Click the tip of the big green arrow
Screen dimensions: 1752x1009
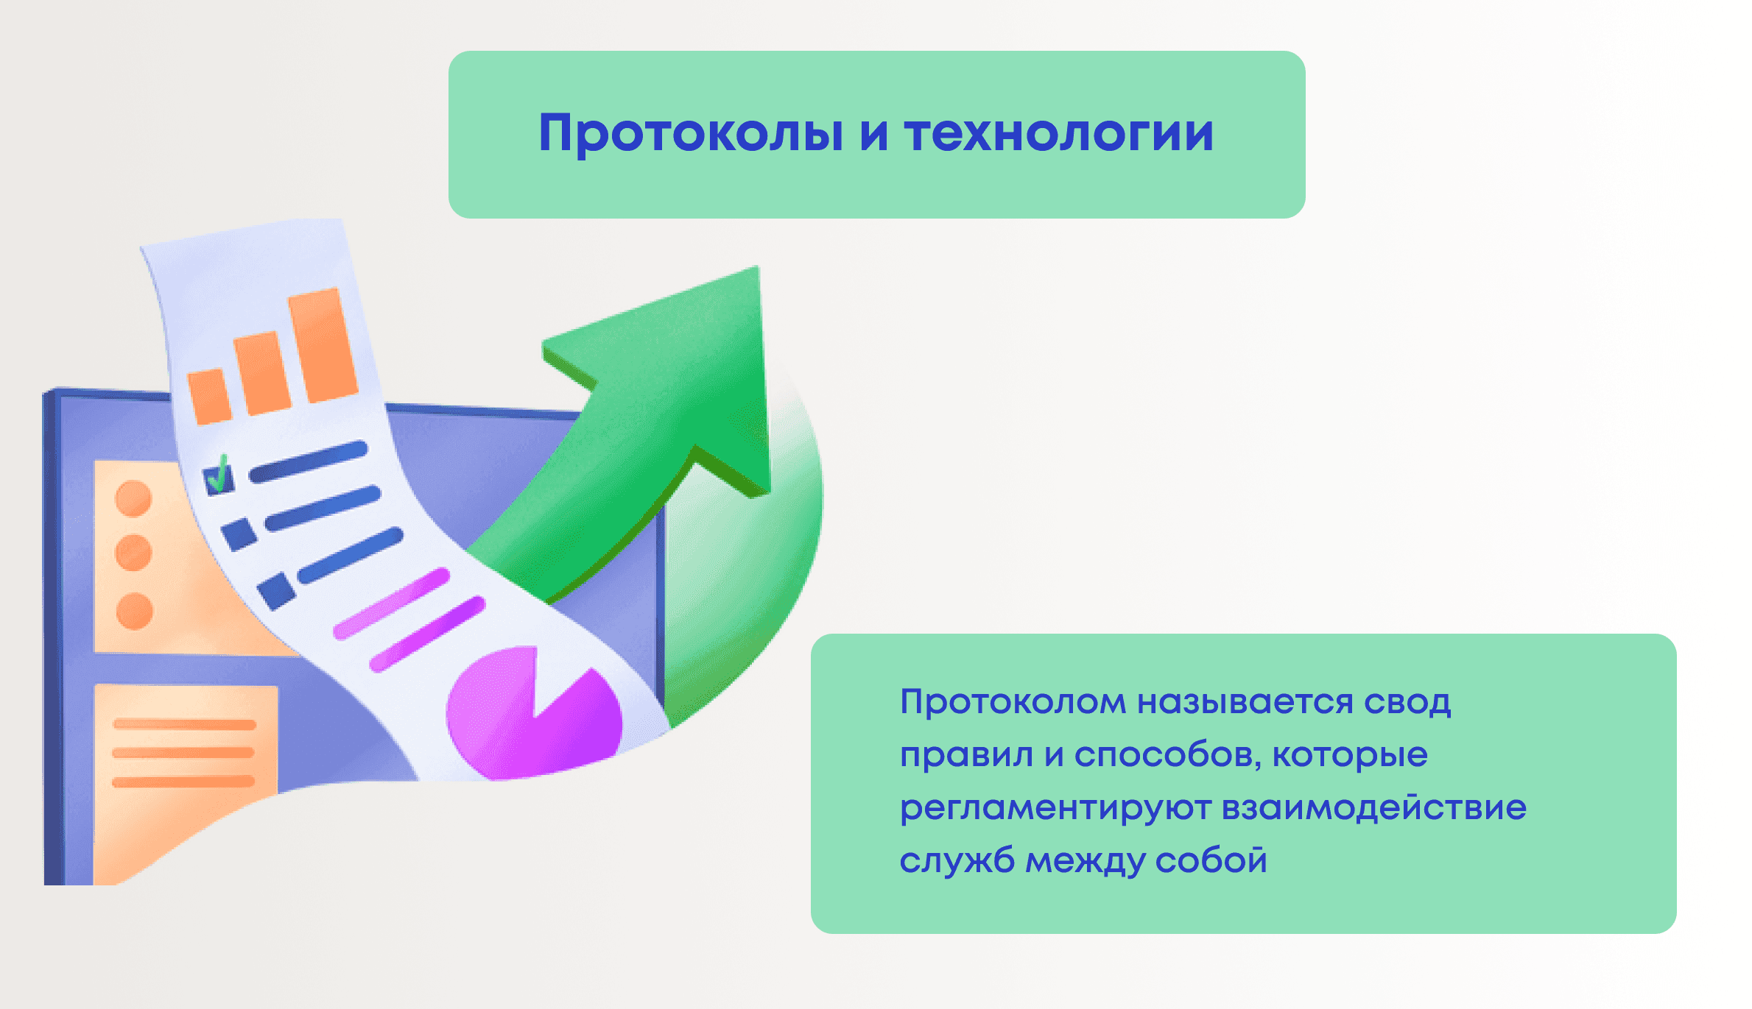[x=757, y=267]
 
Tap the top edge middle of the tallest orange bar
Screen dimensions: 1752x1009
[x=314, y=292]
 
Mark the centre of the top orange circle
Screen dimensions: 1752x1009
[x=133, y=498]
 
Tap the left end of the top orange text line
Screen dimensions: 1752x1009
[x=116, y=724]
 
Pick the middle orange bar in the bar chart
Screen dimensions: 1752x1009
[x=261, y=373]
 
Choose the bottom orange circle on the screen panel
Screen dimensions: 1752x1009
[x=134, y=612]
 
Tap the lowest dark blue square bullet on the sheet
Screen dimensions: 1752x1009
[x=276, y=592]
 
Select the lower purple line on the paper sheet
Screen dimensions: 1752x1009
[x=427, y=634]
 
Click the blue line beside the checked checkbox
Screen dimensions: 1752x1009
[x=308, y=461]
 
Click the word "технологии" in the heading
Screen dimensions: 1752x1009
[x=1059, y=133]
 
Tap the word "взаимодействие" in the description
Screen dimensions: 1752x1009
[x=1374, y=807]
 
